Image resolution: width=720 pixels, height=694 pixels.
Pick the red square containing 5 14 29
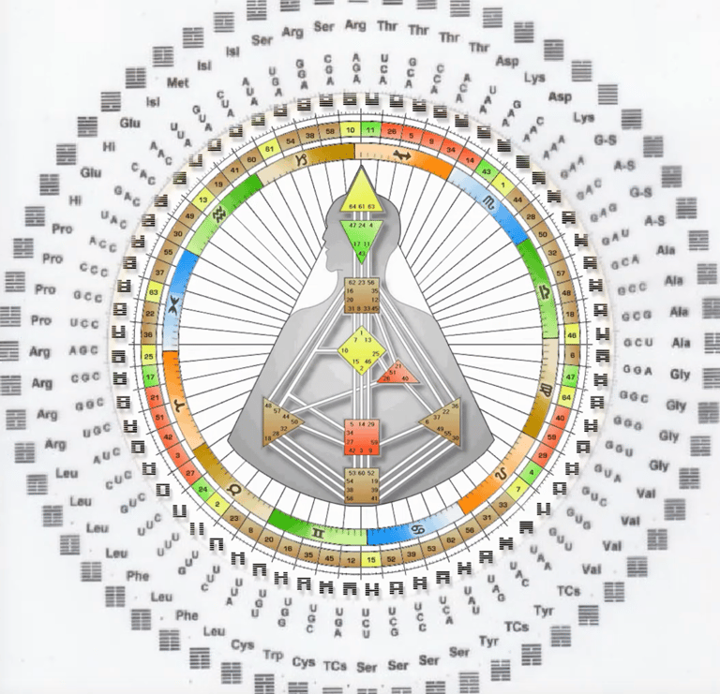coord(362,437)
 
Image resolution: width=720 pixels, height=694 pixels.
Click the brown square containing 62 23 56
coord(361,295)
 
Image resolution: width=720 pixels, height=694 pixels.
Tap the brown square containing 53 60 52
coord(361,486)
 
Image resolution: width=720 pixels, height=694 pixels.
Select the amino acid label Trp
coord(274,654)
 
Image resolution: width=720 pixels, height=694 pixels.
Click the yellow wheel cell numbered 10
coord(350,129)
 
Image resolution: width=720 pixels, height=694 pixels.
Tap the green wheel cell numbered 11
coord(371,129)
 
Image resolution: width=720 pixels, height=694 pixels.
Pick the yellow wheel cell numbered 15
coord(372,560)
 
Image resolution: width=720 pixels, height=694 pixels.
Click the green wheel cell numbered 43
coord(487,172)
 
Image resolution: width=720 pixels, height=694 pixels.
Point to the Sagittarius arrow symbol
coord(402,155)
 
